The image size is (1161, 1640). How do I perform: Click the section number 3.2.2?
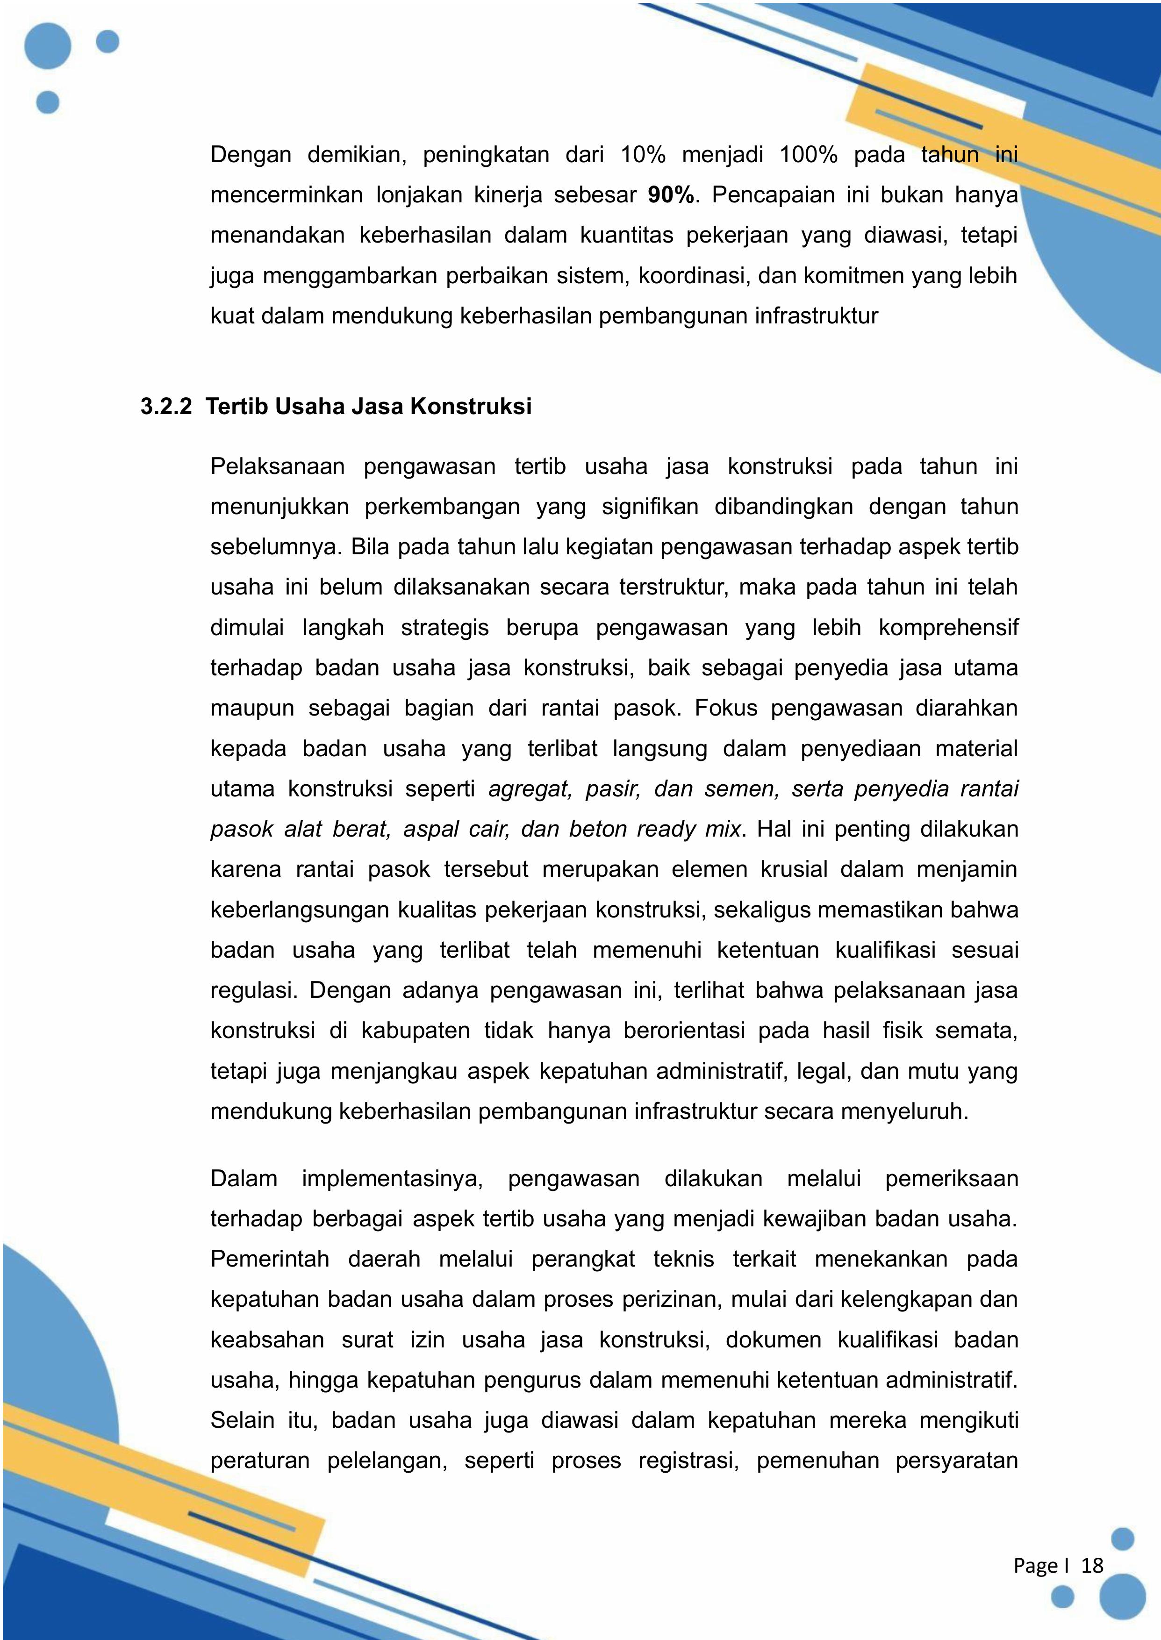pos(166,407)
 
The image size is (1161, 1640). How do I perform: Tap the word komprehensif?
pos(948,628)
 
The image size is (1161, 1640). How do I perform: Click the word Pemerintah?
pos(270,1259)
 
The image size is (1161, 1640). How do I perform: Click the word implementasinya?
pos(392,1178)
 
